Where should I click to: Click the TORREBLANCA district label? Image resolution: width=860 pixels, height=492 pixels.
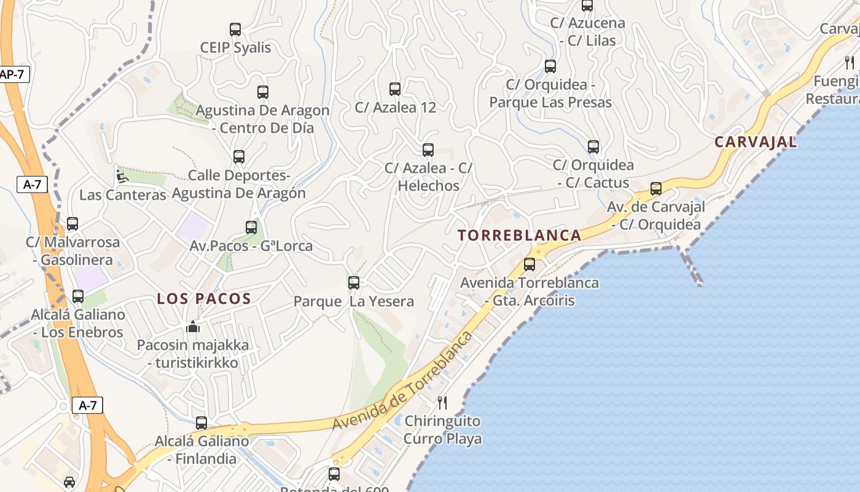[x=520, y=235]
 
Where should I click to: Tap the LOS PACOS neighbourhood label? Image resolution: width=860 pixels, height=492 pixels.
[x=204, y=299]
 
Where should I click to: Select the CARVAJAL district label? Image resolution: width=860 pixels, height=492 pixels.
[x=756, y=142]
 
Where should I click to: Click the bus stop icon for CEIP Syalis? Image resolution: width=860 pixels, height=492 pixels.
[x=235, y=29]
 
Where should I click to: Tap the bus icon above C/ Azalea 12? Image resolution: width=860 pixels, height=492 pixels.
[x=395, y=89]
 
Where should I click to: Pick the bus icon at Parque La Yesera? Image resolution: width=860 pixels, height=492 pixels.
[x=354, y=283]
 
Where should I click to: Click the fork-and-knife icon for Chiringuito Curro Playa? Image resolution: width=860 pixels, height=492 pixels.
[x=442, y=403]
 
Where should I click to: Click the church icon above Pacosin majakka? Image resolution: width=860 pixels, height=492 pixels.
[x=193, y=327]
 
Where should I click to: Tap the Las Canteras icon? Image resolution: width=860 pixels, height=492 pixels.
[x=122, y=177]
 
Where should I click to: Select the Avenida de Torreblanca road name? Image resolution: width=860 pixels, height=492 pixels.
[x=403, y=381]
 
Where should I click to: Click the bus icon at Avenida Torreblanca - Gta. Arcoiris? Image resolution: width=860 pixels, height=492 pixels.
[x=530, y=264]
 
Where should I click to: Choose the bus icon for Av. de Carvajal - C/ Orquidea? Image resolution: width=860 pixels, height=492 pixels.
[x=656, y=189]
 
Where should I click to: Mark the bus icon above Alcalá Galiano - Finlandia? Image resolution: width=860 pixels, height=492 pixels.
[x=201, y=423]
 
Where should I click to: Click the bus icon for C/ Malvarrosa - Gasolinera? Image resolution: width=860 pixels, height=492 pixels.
[x=72, y=224]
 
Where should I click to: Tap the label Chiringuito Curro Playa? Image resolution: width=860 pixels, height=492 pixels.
[x=442, y=430]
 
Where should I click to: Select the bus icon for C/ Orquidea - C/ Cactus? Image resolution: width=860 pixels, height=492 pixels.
[x=593, y=147]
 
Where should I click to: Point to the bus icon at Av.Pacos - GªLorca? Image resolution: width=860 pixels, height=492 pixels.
[x=251, y=228]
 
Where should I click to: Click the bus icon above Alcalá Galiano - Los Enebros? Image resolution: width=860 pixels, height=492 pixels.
[x=78, y=296]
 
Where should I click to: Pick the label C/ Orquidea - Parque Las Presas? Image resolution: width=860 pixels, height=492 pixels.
[x=550, y=93]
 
